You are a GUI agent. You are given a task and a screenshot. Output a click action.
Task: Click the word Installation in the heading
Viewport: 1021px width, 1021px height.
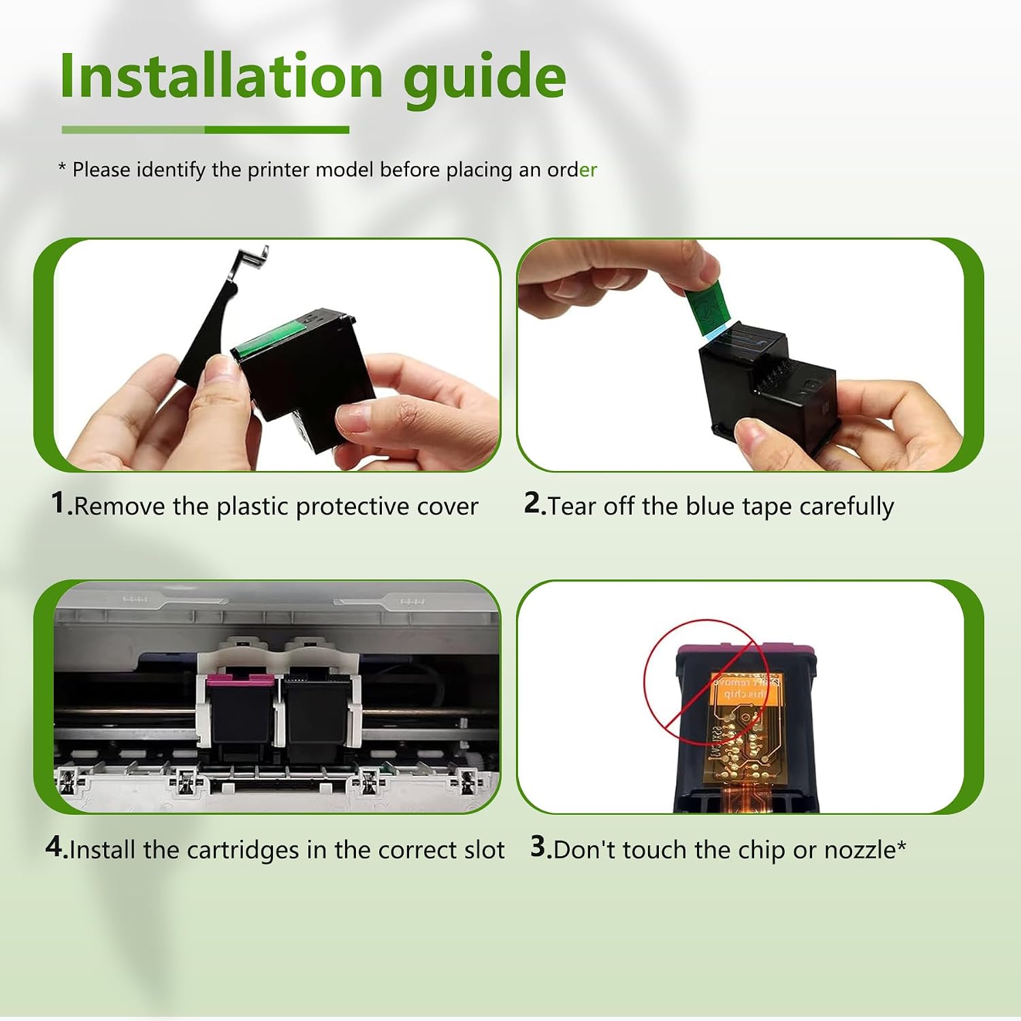(222, 76)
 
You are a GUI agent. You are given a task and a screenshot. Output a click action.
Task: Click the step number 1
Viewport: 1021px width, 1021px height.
(59, 504)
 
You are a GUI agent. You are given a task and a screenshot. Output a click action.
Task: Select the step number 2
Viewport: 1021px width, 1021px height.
(533, 504)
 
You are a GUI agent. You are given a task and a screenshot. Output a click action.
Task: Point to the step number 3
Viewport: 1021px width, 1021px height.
(539, 847)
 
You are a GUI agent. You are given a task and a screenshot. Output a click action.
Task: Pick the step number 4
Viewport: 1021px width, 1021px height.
(54, 847)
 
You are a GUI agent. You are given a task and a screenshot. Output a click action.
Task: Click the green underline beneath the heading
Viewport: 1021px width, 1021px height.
(206, 129)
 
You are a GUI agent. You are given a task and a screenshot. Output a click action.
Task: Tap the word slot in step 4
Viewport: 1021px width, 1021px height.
(484, 850)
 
